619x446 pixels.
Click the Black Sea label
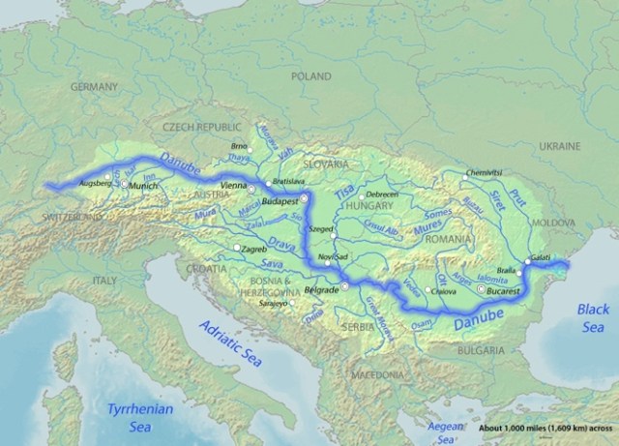(593, 318)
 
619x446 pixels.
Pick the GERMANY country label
(93, 86)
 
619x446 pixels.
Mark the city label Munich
(142, 184)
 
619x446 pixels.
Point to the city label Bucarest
(504, 288)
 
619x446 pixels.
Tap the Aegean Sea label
(445, 427)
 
